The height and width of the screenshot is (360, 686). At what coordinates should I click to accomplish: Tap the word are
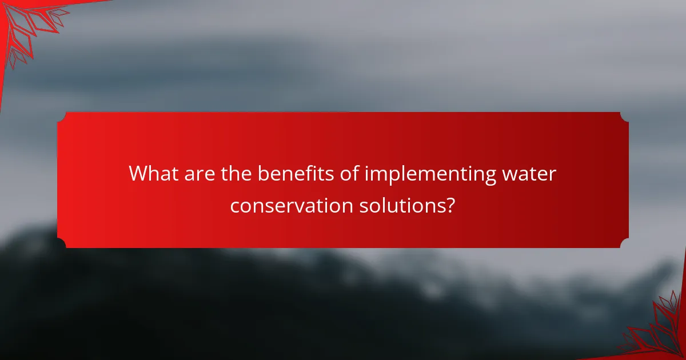point(200,174)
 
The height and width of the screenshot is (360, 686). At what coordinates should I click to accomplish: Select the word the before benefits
point(236,174)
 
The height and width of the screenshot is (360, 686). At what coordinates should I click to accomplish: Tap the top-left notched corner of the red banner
point(62,116)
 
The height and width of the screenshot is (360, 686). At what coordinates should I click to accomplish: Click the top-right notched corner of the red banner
point(624,116)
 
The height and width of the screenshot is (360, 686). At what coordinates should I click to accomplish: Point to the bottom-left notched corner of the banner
point(62,244)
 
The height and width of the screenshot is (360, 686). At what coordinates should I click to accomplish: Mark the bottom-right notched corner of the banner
point(624,244)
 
